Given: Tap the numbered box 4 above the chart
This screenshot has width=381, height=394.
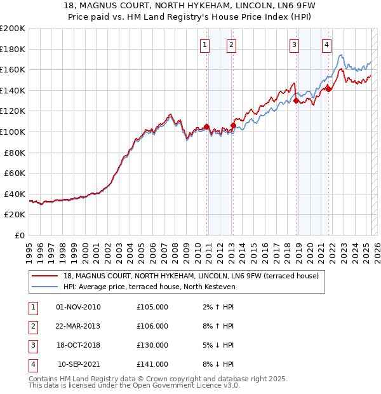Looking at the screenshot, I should point(326,44).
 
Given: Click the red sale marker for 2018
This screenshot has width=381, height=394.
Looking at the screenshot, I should point(297,100).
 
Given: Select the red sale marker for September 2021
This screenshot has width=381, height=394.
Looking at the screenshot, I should point(329,89).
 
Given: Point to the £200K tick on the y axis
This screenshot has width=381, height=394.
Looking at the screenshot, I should point(13,29).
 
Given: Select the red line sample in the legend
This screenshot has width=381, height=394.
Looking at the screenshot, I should point(44,276).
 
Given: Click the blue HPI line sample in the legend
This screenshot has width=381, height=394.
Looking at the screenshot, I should point(44,287).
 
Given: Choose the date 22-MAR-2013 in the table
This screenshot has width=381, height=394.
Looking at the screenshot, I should point(78,326).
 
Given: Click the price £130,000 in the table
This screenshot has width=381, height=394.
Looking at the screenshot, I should point(152,345).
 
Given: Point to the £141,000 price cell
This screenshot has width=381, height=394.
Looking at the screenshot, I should point(152,364).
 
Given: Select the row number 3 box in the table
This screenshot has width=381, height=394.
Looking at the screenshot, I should point(32,345).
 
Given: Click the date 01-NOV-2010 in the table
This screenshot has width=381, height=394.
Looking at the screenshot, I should point(78,307).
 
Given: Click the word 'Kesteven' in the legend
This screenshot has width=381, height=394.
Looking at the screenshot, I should point(219,287).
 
